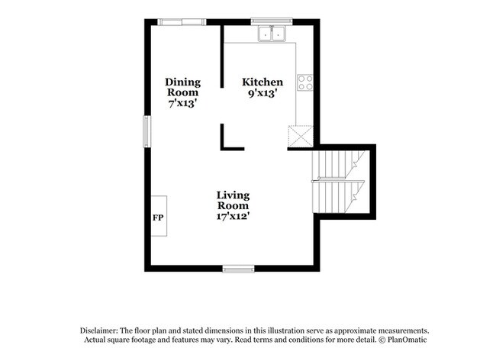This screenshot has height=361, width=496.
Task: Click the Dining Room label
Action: click(183, 87)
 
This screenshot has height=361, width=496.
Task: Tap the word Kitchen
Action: click(262, 82)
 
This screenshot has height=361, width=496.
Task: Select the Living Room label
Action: click(233, 200)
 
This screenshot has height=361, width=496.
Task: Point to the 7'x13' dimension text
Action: click(183, 103)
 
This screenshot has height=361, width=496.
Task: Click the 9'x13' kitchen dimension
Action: click(262, 93)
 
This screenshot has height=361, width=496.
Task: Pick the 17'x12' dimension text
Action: click(233, 216)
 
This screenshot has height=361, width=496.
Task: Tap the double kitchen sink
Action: click(271, 34)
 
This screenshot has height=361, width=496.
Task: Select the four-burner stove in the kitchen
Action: click(305, 82)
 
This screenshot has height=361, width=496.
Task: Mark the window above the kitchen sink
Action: click(272, 21)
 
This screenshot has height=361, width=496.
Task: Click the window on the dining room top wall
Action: click(182, 21)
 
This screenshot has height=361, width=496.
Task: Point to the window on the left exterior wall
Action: click(147, 132)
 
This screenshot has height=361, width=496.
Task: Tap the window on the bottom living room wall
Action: click(237, 267)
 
